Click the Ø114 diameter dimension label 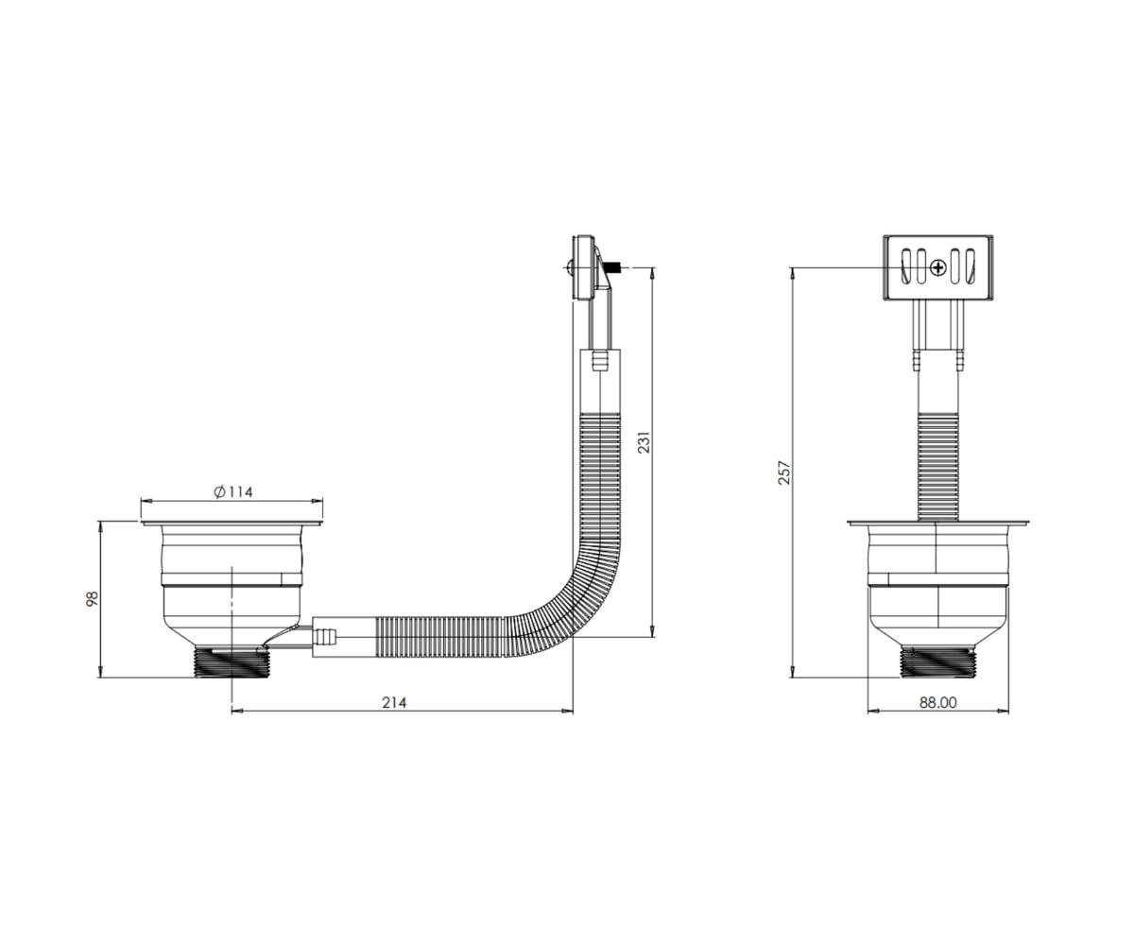[233, 492]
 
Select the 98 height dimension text [93, 598]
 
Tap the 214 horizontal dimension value [394, 702]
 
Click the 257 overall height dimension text [783, 472]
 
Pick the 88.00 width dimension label [938, 702]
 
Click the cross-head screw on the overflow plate [938, 267]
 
